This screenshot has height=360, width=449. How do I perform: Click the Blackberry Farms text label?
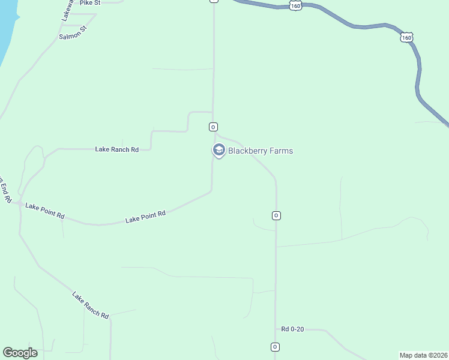pos(260,151)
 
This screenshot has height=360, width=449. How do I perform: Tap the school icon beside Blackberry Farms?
pos(218,150)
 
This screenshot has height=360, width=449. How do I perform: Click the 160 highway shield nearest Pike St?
pos(295,5)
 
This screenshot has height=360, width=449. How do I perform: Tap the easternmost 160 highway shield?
pos(406,38)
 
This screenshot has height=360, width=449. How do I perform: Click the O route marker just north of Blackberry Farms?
pos(212,127)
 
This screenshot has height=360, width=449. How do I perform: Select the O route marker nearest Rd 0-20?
pos(274,347)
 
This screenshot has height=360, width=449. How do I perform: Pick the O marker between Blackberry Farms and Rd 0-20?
pos(276,215)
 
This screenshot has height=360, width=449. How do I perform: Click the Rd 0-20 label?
pos(292,329)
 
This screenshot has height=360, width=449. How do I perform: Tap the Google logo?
pos(20,353)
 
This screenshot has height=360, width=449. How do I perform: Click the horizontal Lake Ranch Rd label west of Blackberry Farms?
pos(116,149)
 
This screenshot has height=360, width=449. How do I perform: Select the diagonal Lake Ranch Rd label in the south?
pos(90,305)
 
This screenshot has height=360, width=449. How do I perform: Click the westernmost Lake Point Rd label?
pos(44,211)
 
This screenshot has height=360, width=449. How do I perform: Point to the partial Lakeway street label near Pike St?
pos(67,11)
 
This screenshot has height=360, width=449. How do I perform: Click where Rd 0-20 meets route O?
pos(276,329)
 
